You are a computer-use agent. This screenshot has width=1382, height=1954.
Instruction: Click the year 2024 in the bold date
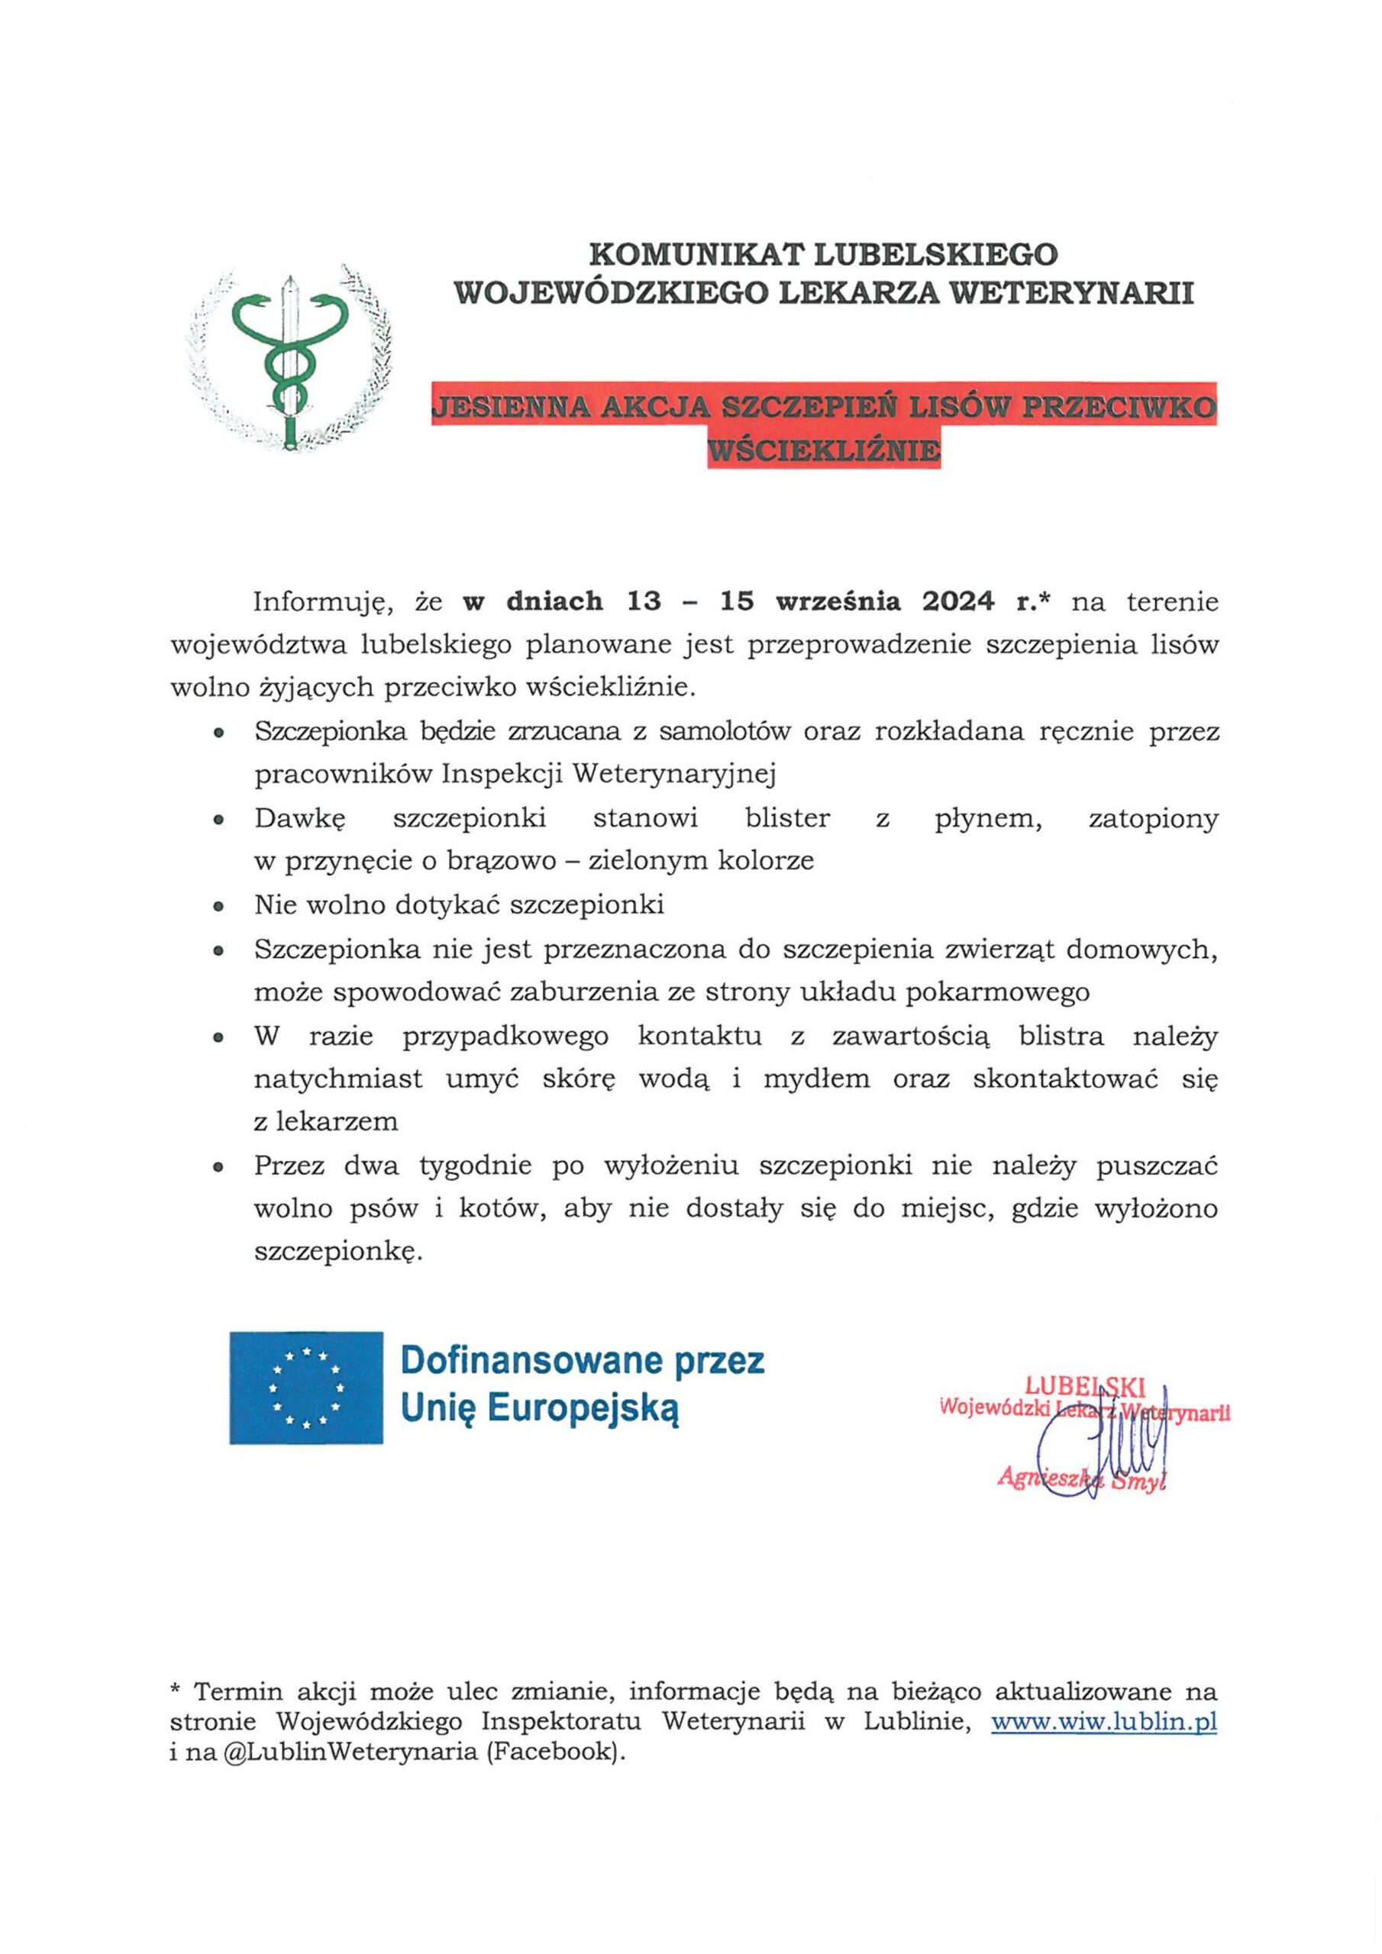(957, 601)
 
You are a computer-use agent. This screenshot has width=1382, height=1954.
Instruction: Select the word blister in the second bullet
(786, 819)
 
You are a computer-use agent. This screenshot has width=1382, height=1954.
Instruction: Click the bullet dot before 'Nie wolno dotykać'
(220, 908)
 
